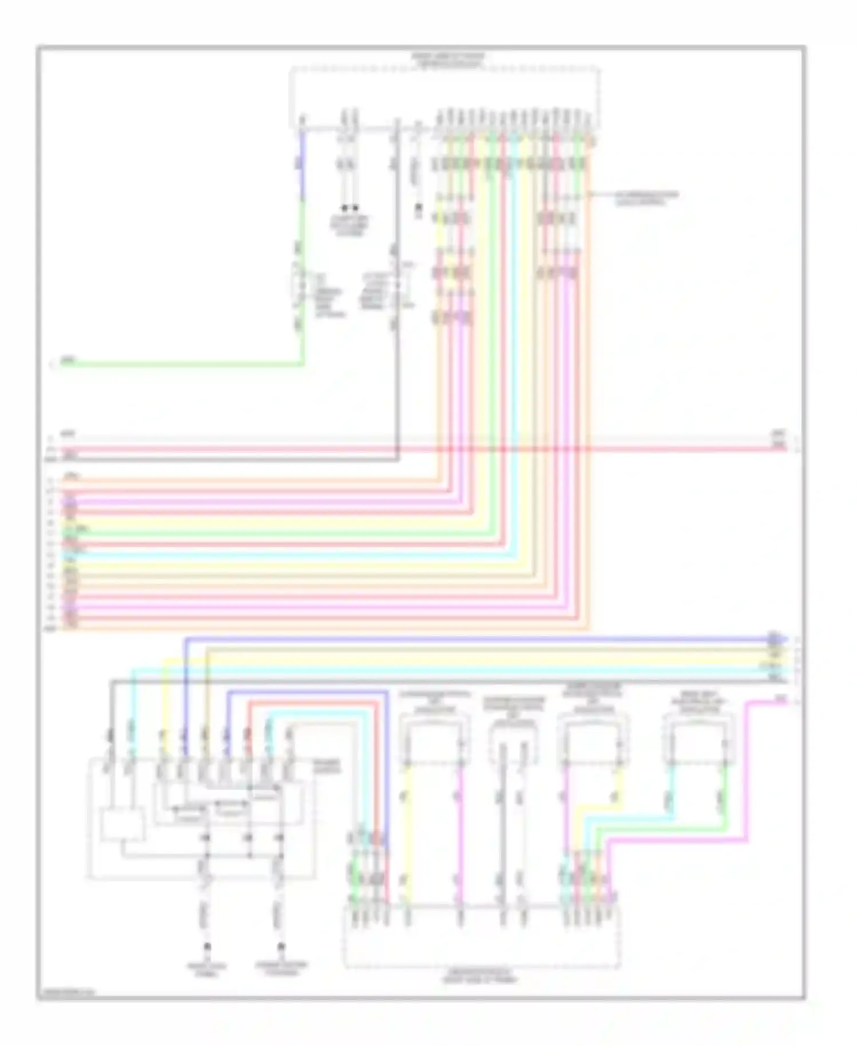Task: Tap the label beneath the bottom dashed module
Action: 479,976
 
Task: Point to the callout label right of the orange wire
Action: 646,198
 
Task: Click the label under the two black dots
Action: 349,226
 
